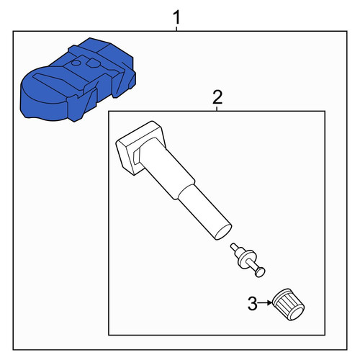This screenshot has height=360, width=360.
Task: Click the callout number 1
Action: click(176, 17)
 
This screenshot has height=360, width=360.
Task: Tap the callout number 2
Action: click(217, 97)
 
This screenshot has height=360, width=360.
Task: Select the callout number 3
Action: click(252, 304)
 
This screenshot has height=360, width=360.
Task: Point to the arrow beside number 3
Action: click(265, 303)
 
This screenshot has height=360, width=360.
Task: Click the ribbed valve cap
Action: click(288, 305)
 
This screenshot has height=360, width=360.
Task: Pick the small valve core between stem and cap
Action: click(248, 260)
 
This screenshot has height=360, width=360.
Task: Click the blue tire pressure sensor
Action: click(78, 80)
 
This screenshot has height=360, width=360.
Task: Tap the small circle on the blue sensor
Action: click(76, 63)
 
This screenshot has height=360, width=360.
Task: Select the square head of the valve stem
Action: click(140, 148)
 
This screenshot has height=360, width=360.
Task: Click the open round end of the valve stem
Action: click(223, 232)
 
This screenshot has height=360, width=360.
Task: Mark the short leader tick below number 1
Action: click(176, 29)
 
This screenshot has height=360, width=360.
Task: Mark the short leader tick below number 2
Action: click(217, 109)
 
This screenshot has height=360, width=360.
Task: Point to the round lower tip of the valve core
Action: click(260, 272)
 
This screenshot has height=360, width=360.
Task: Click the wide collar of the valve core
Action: click(246, 259)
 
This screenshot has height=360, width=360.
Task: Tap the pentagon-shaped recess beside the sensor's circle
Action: click(93, 63)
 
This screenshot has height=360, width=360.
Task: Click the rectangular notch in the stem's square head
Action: click(136, 156)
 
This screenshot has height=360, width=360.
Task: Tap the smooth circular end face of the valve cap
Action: click(297, 313)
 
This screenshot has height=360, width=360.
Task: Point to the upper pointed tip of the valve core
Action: click(233, 246)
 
